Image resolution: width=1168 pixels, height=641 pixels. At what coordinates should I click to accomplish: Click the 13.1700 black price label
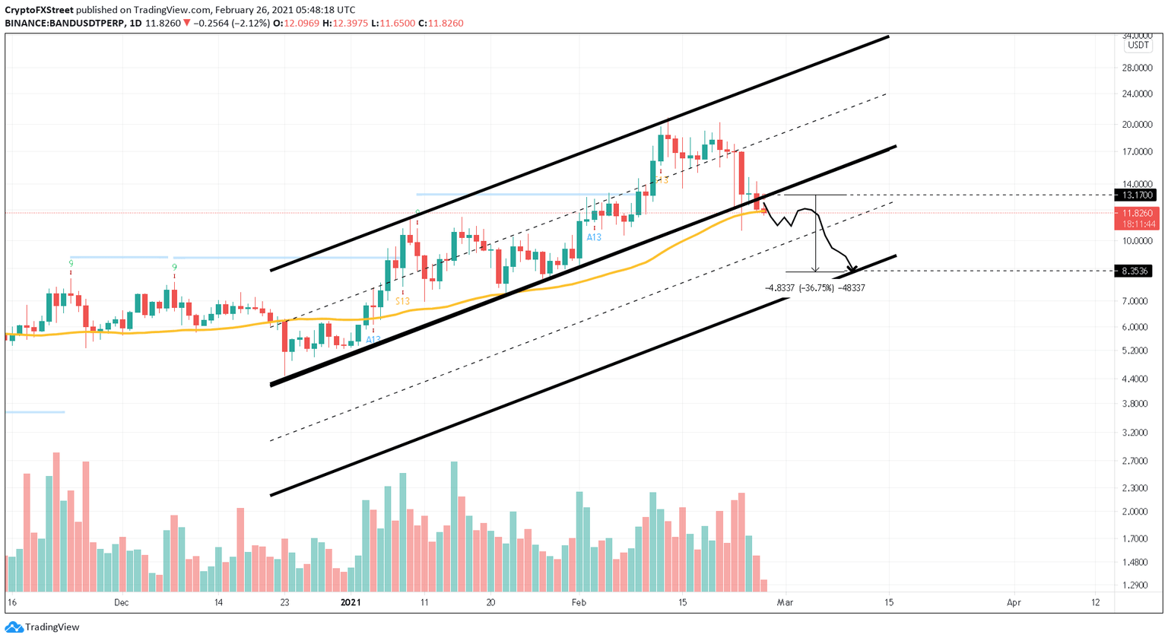pyautogui.click(x=1135, y=195)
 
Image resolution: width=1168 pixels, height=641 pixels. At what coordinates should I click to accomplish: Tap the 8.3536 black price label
pyautogui.click(x=1132, y=271)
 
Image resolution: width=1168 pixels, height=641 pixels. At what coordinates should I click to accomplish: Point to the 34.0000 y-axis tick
pyautogui.click(x=1137, y=36)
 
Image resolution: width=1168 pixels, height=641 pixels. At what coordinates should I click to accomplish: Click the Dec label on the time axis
pyautogui.click(x=121, y=603)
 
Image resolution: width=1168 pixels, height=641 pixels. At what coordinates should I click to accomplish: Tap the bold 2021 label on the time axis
pyautogui.click(x=351, y=603)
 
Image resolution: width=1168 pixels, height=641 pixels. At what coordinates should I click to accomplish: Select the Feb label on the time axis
pyautogui.click(x=579, y=603)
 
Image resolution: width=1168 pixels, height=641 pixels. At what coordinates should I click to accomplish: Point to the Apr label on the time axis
pyautogui.click(x=1014, y=603)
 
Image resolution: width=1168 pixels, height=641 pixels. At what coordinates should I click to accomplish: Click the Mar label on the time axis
pyautogui.click(x=785, y=603)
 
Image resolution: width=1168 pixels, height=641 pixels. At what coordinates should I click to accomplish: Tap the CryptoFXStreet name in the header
pyautogui.click(x=39, y=10)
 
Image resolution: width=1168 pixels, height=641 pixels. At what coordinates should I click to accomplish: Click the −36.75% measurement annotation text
pyautogui.click(x=815, y=288)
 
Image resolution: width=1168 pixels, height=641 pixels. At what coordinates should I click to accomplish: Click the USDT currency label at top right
pyautogui.click(x=1138, y=46)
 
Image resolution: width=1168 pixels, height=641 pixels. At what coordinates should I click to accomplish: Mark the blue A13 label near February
pyautogui.click(x=594, y=237)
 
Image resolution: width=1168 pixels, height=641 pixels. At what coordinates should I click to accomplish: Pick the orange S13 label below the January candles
pyautogui.click(x=402, y=301)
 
